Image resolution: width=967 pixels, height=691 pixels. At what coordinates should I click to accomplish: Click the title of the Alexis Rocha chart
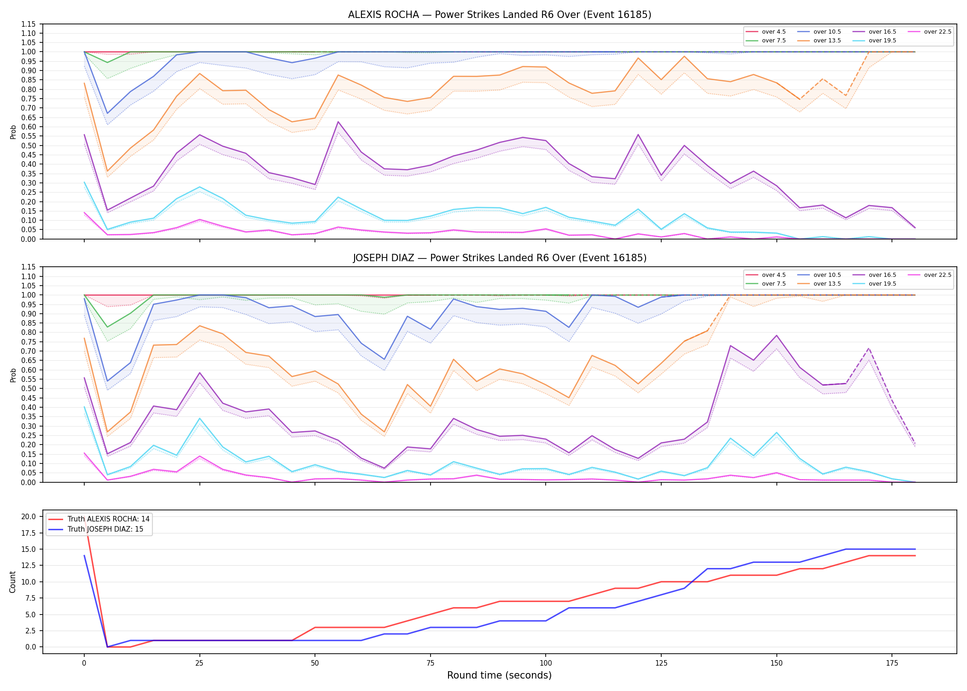tap(500, 15)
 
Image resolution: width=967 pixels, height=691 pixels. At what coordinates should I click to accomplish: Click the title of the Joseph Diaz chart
tap(500, 258)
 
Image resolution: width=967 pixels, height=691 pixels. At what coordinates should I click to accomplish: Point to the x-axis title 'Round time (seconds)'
tap(499, 675)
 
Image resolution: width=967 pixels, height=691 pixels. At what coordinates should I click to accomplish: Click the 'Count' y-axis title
tap(12, 582)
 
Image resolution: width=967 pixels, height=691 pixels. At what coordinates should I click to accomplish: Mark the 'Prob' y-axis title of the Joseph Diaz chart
tap(13, 375)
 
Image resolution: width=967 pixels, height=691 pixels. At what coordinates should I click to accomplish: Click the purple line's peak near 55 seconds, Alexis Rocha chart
tap(338, 122)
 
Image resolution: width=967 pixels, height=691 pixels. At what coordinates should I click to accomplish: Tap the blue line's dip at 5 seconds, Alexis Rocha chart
tap(107, 113)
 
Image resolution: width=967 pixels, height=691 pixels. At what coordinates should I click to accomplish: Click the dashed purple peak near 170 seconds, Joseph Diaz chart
tap(869, 348)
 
